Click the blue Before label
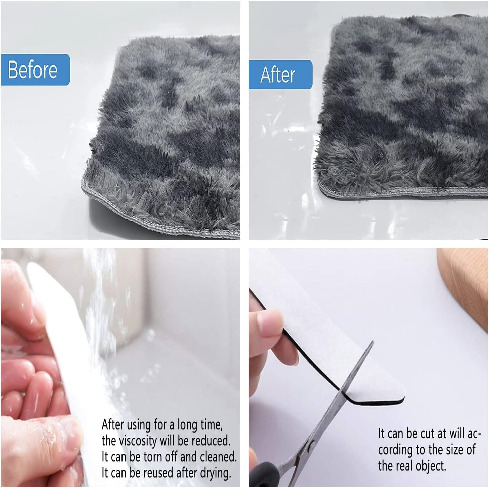click(35, 70)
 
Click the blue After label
click(280, 75)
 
